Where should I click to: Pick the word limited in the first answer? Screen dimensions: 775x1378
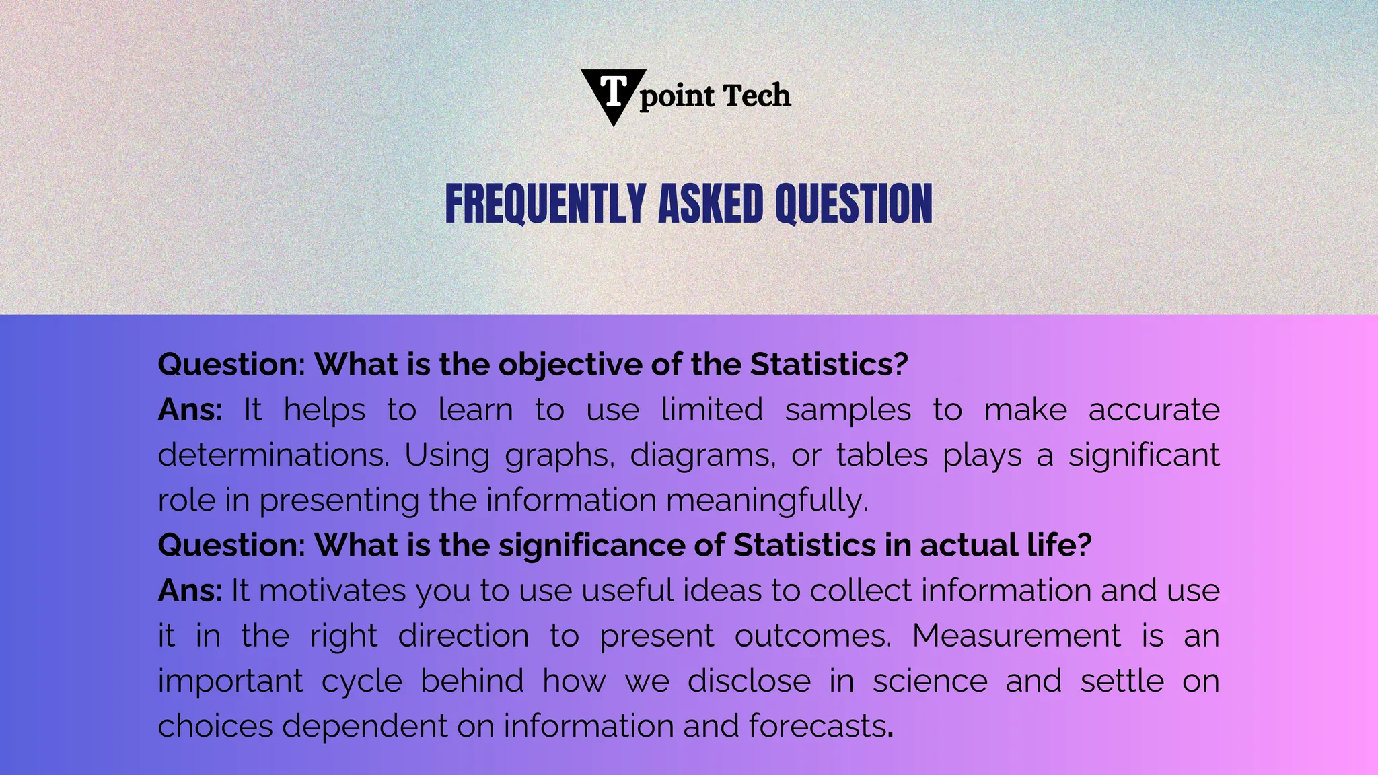pyautogui.click(x=712, y=410)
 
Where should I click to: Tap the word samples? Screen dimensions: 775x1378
pyautogui.click(x=848, y=410)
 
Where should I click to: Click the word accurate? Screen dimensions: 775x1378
pyautogui.click(x=1153, y=410)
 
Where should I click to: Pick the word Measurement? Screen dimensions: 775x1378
pyautogui.click(x=1016, y=636)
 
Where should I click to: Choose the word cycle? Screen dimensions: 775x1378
pyautogui.click(x=362, y=681)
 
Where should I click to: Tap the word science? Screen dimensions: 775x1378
pyautogui.click(x=930, y=681)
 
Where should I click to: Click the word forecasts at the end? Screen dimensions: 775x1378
pyautogui.click(x=817, y=727)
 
